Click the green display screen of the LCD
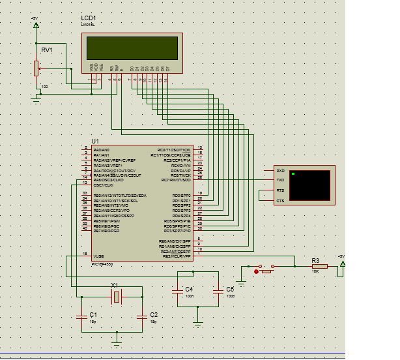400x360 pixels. [133, 48]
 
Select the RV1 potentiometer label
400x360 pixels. [46, 50]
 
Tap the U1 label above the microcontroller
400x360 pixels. [95, 141]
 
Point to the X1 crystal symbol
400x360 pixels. [116, 279]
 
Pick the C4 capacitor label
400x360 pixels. [189, 271]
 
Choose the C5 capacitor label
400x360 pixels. [229, 271]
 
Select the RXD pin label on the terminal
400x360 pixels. [280, 170]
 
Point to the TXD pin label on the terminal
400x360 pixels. [280, 180]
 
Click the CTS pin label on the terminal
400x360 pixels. [280, 201]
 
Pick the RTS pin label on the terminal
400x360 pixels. [280, 190]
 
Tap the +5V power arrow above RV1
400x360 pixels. [36, 25]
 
